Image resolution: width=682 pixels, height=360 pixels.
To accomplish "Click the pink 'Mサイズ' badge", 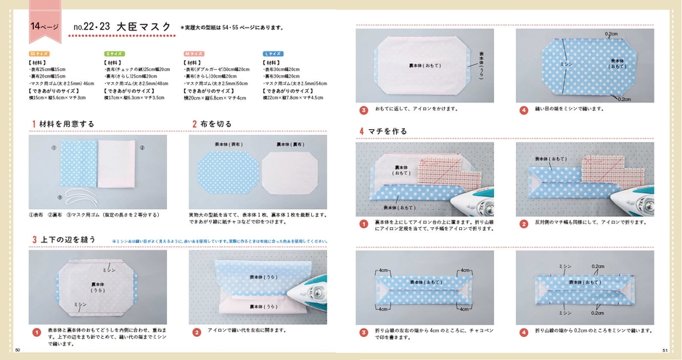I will pyautogui.click(x=192, y=54).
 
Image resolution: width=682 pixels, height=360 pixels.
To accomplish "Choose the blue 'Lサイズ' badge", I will pyautogui.click(x=272, y=54).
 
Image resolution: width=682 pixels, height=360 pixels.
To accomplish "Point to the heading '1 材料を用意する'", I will pyautogui.click(x=63, y=124).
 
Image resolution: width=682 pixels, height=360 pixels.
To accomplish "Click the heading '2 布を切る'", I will pyautogui.click(x=213, y=124).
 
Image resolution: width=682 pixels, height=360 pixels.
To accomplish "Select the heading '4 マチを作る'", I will pyautogui.click(x=383, y=131).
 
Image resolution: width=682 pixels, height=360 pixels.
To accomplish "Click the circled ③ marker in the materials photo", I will pyautogui.click(x=142, y=148).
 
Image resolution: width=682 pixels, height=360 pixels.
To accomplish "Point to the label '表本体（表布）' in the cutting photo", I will pyautogui.click(x=224, y=145).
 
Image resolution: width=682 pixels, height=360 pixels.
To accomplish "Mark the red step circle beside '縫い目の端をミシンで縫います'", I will pyautogui.click(x=523, y=110).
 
